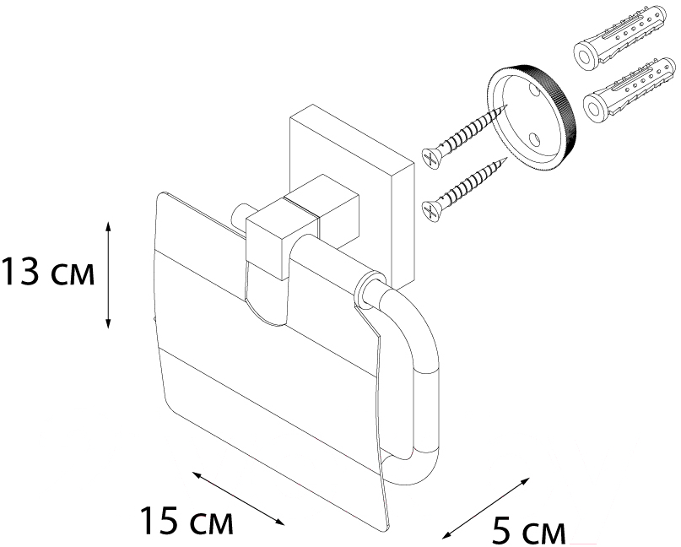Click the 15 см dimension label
point(186,521)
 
